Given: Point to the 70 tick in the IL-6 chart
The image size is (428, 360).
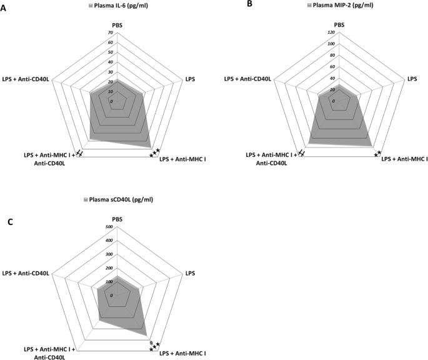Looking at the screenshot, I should tap(111, 32).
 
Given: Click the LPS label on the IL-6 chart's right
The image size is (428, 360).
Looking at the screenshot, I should tap(189, 79).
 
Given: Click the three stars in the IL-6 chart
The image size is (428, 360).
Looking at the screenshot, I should tap(155, 152).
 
